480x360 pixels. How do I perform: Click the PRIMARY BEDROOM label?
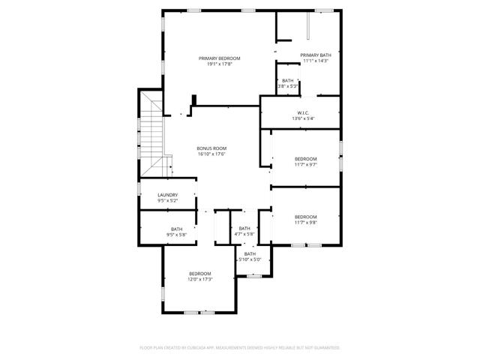(x=219, y=58)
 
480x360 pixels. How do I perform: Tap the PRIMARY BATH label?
(x=316, y=55)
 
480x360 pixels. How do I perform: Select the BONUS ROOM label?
(x=211, y=148)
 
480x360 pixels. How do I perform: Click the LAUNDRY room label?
(x=167, y=195)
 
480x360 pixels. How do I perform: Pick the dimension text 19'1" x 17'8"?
(x=219, y=64)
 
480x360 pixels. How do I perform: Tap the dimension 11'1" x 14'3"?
(x=316, y=61)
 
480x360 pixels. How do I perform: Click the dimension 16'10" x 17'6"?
(x=211, y=154)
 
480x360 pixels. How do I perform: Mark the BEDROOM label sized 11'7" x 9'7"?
(x=305, y=159)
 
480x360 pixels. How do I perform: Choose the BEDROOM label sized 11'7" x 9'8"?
(x=305, y=217)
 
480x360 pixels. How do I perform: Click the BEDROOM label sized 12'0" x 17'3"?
(x=200, y=273)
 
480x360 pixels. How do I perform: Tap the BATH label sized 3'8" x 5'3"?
(x=288, y=80)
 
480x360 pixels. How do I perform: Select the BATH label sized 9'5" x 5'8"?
(x=176, y=229)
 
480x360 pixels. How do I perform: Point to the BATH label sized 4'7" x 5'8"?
(x=244, y=229)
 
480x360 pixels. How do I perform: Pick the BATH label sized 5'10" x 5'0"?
(x=250, y=254)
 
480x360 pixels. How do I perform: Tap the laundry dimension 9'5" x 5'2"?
(x=167, y=201)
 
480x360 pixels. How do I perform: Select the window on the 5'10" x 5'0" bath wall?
(x=255, y=276)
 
